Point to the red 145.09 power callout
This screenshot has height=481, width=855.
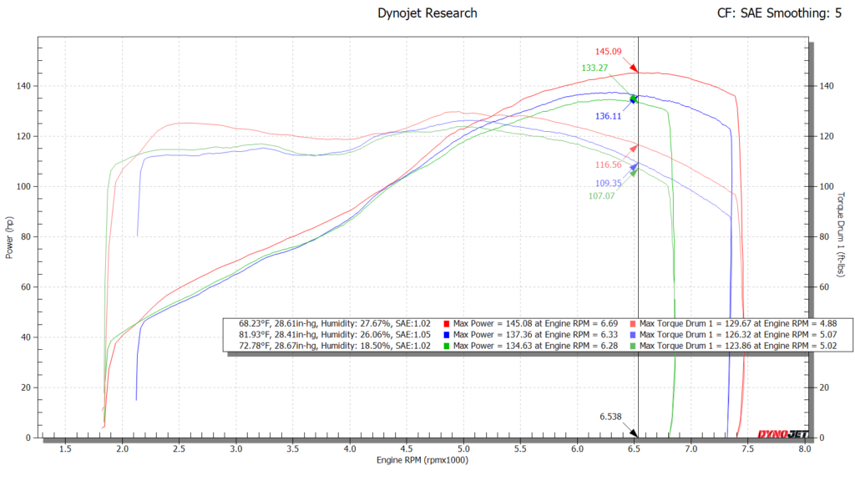[609, 52]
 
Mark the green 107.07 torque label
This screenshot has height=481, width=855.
[601, 196]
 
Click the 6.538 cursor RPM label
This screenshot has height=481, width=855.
[611, 416]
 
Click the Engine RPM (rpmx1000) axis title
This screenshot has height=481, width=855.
[422, 460]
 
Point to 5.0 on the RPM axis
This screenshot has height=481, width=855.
[463, 448]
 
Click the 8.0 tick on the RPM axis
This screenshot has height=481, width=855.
[804, 448]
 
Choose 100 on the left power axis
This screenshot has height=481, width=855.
[24, 186]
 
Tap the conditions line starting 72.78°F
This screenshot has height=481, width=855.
[334, 346]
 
